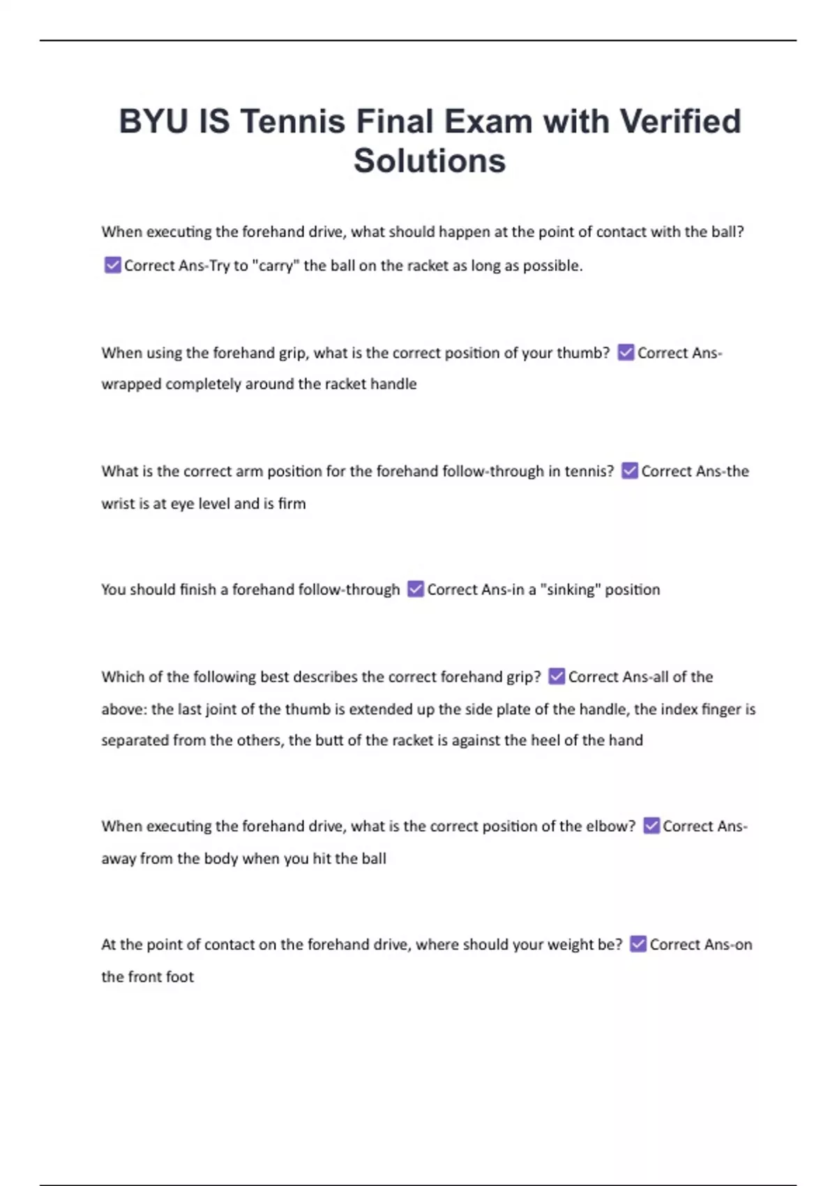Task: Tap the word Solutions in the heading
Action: pos(429,160)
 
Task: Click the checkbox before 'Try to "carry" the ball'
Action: pos(112,265)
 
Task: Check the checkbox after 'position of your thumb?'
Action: pos(626,352)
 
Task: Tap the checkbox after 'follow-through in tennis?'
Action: pos(629,471)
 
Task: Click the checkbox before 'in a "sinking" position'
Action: pos(415,589)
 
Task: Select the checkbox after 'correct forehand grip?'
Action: pos(556,676)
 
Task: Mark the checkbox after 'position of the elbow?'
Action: pos(651,825)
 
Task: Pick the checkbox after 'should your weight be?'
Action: pos(638,944)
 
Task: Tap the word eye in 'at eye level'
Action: pos(182,504)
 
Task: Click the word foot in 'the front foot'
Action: pos(179,977)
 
